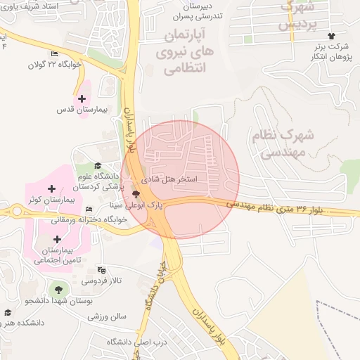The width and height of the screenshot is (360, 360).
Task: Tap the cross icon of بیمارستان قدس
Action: (x=82, y=98)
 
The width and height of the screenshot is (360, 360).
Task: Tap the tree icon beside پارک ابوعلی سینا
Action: (x=136, y=193)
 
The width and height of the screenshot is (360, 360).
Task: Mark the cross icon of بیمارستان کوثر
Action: (x=51, y=188)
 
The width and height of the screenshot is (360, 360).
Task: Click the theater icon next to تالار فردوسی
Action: (x=101, y=270)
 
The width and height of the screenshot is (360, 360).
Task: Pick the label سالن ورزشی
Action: (x=107, y=316)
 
